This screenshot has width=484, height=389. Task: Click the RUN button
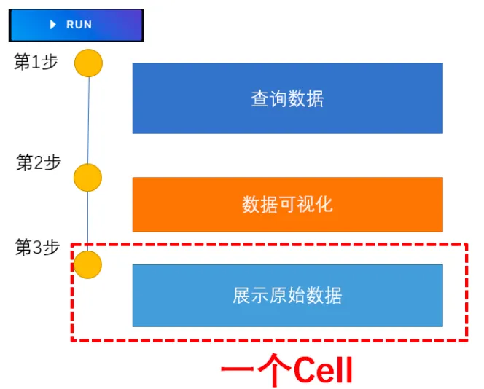pos(76,25)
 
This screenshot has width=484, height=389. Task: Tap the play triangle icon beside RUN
pos(53,25)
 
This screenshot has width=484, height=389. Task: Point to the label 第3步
pos(37,248)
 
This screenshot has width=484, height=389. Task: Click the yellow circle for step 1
pos(89,63)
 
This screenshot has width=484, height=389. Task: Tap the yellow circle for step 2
pos(87,177)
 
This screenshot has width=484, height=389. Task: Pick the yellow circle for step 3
pos(87,264)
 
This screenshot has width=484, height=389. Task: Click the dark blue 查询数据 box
pos(287,98)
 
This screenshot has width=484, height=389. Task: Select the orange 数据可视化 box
pos(287,204)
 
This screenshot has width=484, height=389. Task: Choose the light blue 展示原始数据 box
pos(287,295)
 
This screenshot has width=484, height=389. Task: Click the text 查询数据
pos(287,98)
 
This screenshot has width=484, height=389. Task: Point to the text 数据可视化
pos(287,204)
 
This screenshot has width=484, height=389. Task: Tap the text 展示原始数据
pos(287,295)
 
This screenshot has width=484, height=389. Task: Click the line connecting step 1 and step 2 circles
pos(88,120)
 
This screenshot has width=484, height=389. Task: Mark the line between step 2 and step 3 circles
pos(87,220)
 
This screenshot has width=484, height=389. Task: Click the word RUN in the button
pos(79,25)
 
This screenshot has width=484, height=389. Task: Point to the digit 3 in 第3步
pos(36,248)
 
